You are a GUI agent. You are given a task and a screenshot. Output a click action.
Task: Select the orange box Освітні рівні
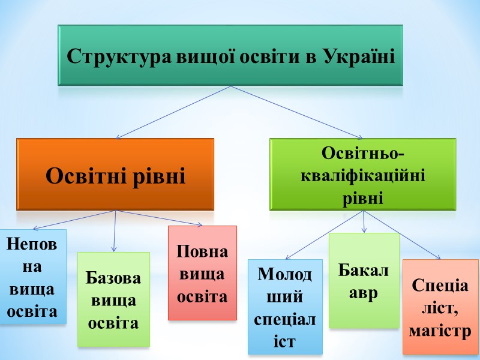(x=115, y=175)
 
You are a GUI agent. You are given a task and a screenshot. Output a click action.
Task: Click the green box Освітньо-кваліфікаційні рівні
(x=362, y=174)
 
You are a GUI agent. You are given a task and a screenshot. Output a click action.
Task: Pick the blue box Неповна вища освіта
(x=33, y=277)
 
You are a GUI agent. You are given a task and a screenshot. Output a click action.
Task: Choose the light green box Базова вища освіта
(x=114, y=300)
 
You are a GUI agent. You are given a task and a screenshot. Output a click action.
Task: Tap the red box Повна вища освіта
(x=202, y=273)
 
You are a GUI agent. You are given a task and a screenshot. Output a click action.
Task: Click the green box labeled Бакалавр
(x=364, y=280)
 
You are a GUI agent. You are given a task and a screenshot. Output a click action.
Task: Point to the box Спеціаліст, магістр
(x=440, y=307)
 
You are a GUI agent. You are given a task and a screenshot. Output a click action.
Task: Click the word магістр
(x=440, y=331)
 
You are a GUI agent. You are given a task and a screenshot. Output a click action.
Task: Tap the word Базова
(x=114, y=278)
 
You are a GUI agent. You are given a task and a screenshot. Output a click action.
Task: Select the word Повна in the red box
(x=202, y=251)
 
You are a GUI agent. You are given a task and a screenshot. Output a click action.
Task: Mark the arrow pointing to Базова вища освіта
(x=115, y=231)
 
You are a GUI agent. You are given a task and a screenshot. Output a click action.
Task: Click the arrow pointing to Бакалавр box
(x=364, y=222)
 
